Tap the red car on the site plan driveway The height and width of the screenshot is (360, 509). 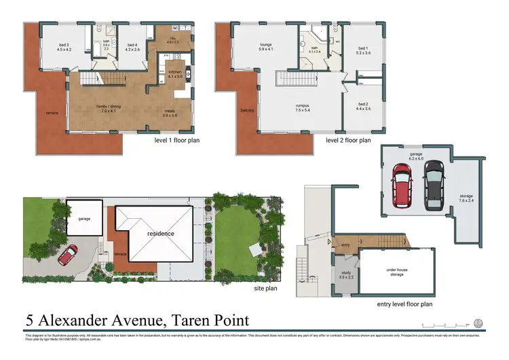68,256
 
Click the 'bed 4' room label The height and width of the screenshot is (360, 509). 132,46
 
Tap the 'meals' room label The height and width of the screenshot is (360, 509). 169,113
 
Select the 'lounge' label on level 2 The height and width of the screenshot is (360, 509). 265,46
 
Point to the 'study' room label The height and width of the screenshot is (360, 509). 346,275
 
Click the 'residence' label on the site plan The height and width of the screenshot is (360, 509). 161,234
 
